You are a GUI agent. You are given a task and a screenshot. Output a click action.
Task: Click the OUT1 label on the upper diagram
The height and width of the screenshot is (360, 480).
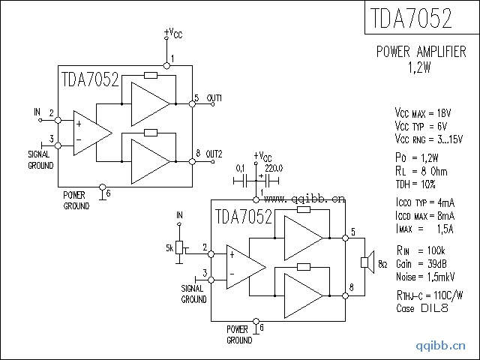pos(214,98)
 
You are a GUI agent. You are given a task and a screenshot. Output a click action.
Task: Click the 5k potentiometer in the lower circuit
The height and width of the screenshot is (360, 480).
pos(179,247)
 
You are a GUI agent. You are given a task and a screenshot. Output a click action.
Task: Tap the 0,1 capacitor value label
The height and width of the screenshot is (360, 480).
pos(241,168)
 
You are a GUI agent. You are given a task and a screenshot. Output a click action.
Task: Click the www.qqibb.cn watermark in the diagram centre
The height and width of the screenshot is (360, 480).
pos(304,199)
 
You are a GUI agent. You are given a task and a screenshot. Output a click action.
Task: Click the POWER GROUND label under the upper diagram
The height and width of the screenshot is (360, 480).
pos(76,199)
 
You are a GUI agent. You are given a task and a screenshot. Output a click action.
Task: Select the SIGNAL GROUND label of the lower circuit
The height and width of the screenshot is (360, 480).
pos(193,293)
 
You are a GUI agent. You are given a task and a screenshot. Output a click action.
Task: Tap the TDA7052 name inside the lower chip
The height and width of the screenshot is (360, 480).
pos(243,217)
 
